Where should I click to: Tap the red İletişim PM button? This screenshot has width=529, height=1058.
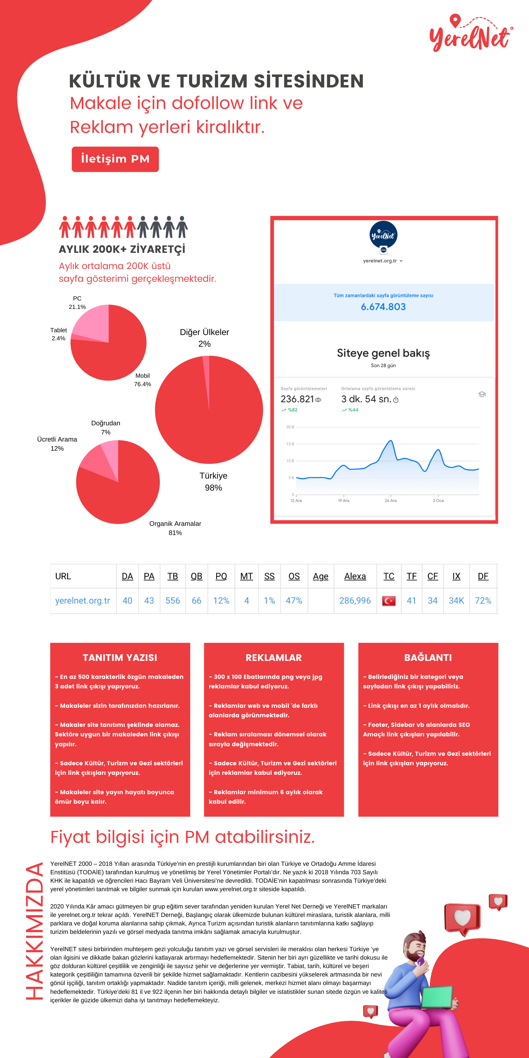115,159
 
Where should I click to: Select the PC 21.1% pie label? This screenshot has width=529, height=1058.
77,303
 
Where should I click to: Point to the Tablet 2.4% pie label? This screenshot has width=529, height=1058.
58,334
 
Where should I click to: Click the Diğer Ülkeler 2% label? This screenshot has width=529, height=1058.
205,338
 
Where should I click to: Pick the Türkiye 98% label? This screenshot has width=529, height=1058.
214,482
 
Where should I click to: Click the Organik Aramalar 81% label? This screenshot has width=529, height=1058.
175,528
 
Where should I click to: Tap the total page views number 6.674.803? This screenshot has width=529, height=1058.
383,307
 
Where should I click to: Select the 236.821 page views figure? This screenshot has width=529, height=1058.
297,399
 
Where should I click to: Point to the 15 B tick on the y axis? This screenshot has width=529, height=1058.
290,444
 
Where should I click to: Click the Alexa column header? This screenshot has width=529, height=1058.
355,576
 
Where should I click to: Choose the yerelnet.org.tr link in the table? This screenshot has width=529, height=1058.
83,601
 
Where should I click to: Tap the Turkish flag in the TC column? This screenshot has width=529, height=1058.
389,601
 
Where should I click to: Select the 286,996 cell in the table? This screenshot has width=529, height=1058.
355,601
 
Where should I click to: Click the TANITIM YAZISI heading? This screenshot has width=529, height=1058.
120,658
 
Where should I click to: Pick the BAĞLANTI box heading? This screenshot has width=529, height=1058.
428,658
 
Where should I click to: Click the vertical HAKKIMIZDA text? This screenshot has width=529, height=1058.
35,931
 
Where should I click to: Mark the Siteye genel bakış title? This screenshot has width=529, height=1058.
383,353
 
